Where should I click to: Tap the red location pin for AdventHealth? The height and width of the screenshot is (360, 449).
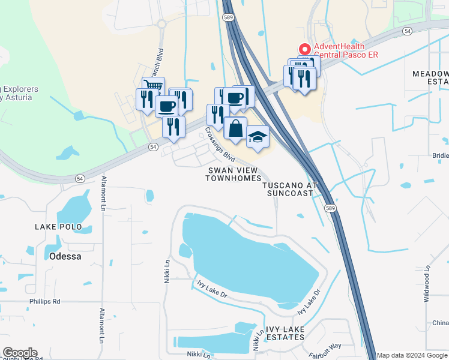point(304,49)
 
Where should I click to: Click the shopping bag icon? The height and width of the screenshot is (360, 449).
point(235,129)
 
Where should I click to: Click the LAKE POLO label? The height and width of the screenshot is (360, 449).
point(58,227)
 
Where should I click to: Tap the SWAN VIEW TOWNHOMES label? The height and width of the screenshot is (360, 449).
point(234,174)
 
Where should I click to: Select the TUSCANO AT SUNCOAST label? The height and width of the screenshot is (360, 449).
point(289,190)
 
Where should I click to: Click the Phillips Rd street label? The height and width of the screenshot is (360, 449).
point(45,301)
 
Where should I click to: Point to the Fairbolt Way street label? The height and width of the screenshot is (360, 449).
point(324,346)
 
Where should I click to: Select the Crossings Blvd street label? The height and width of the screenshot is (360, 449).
point(220,145)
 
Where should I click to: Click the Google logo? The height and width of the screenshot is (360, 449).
point(19,353)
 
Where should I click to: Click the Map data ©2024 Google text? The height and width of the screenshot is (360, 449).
point(412,355)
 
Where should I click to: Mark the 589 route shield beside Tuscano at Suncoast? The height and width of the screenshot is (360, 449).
point(330,208)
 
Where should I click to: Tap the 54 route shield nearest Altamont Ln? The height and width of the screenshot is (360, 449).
point(80,178)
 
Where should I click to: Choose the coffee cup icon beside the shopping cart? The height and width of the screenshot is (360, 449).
point(166,106)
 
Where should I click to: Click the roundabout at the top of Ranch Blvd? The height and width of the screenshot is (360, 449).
point(161,25)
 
